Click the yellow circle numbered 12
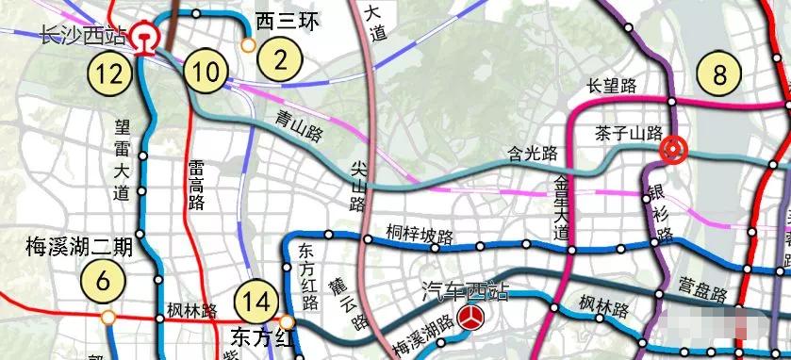point(108,72)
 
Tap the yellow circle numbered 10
point(206,72)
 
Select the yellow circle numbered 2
point(279,58)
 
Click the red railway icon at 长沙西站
point(145,38)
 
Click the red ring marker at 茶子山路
point(673,149)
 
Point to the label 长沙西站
point(82,37)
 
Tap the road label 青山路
point(300,120)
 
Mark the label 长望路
point(612,86)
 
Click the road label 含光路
point(533,153)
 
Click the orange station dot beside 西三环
point(248,45)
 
